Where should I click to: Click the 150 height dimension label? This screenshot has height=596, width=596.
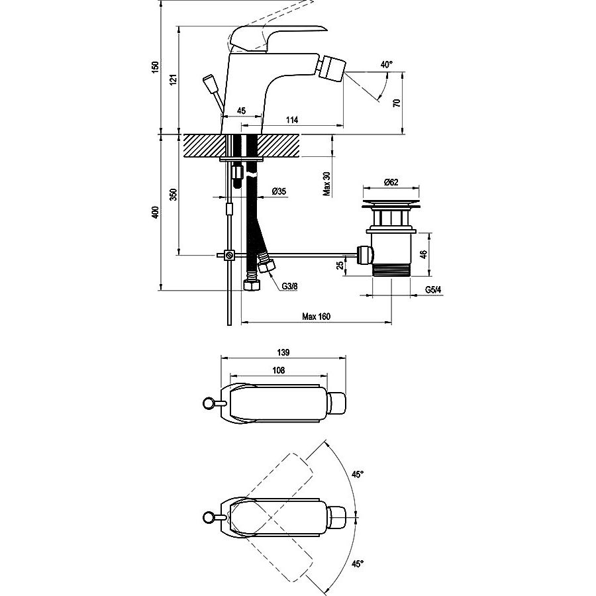[x=155, y=67]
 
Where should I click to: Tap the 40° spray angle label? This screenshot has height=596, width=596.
[x=386, y=65]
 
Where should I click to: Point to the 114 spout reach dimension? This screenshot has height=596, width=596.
[x=292, y=120]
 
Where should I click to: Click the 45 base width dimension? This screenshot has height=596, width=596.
[x=241, y=111]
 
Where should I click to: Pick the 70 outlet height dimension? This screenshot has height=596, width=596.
[x=397, y=103]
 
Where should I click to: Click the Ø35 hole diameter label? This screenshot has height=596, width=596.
[x=279, y=191]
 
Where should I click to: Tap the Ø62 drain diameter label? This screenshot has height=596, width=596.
[x=391, y=182]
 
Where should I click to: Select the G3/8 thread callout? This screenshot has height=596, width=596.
[x=289, y=286]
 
